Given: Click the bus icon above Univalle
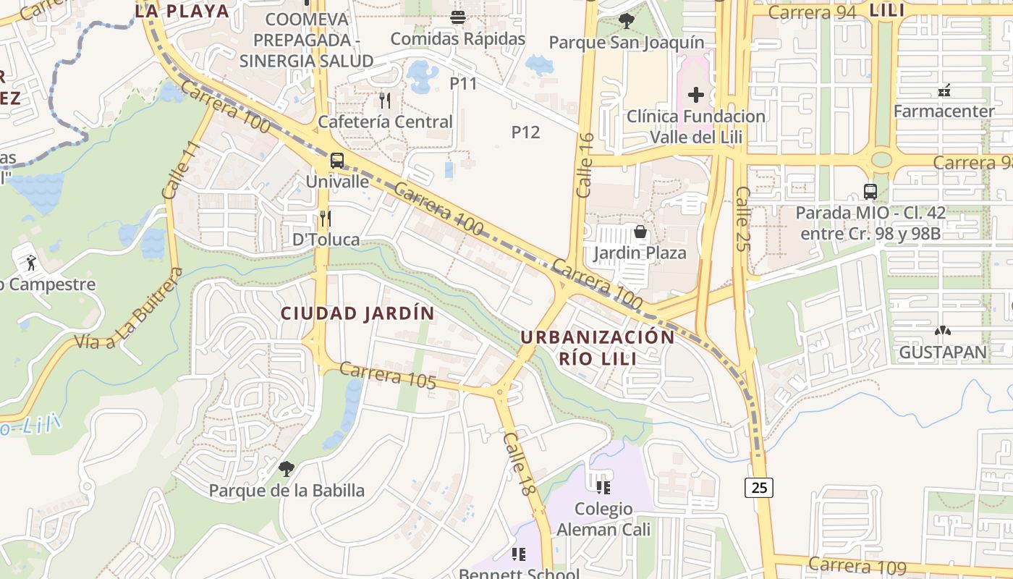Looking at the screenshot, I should [337, 161].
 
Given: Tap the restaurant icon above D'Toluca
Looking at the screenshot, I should [326, 218].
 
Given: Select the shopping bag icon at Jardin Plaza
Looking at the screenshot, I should [640, 232].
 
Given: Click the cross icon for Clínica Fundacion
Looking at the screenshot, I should [696, 94].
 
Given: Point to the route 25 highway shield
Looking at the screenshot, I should [759, 488].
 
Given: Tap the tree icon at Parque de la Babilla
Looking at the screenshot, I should [287, 469].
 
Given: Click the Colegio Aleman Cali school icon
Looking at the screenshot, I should [603, 487].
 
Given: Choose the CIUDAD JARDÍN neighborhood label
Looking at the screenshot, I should [357, 313].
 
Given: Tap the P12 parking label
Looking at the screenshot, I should [526, 132].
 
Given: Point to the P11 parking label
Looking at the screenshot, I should [464, 83].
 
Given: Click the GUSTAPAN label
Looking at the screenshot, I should [943, 352].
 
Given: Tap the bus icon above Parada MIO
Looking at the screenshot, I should [870, 192].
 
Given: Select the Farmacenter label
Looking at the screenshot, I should [944, 111].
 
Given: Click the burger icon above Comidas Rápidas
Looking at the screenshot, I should [457, 17].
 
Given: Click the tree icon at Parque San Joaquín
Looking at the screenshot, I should [626, 21].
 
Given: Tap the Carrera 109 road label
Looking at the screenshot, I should [857, 566].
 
